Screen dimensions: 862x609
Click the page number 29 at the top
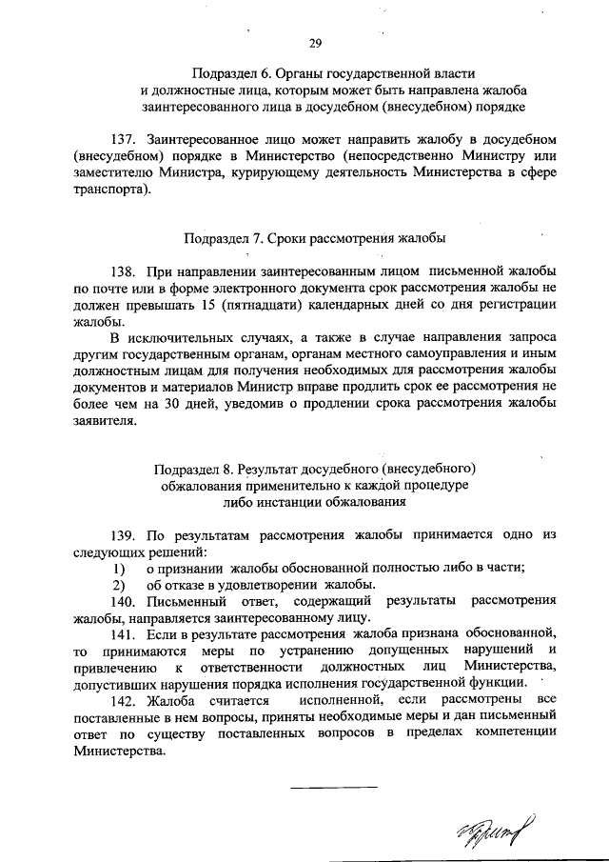(315, 43)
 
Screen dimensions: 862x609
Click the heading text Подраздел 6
(230, 73)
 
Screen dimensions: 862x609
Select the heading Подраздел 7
(219, 236)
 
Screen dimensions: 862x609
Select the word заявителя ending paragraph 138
(108, 425)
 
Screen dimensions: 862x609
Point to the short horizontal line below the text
(333, 787)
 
